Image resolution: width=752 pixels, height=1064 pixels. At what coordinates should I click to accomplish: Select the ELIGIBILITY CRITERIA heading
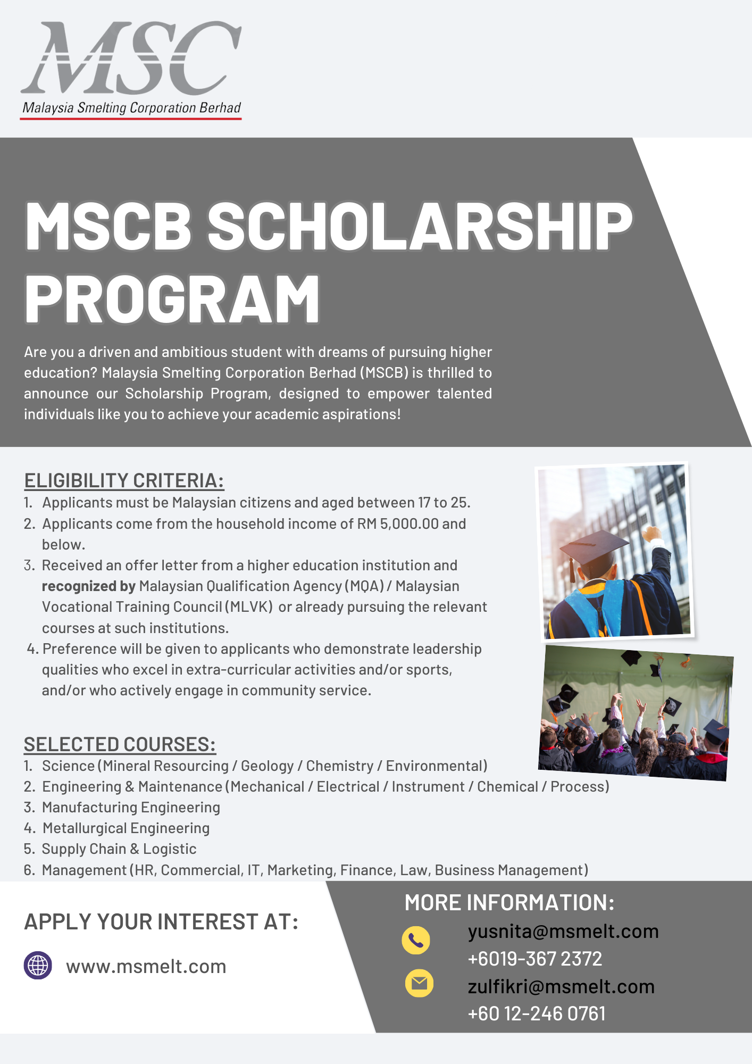tap(124, 480)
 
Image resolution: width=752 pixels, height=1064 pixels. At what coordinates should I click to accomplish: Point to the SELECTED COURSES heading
tap(120, 744)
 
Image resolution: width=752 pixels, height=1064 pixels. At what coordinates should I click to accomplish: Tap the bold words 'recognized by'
tap(89, 586)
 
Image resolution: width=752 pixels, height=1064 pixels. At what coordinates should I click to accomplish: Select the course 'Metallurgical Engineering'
tap(126, 828)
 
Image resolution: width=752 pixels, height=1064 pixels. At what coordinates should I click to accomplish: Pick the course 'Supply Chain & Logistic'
tap(119, 849)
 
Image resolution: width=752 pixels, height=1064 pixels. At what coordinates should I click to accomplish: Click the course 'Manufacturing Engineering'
tap(131, 808)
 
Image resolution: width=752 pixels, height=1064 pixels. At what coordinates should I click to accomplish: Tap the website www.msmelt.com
tap(146, 966)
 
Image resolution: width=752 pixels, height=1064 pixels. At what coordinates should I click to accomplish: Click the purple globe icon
tap(38, 965)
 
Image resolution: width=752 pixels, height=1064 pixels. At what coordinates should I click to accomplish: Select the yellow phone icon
tap(416, 940)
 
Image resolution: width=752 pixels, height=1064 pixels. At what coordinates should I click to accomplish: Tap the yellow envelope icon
tap(419, 983)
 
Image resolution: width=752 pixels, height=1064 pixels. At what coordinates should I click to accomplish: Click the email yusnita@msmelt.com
tap(563, 932)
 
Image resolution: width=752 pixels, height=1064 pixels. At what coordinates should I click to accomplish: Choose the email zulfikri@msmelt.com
tap(561, 987)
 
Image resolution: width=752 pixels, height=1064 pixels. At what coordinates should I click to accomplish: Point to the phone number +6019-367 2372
tap(534, 959)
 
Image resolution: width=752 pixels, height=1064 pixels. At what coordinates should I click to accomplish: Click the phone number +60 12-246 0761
tap(536, 1014)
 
